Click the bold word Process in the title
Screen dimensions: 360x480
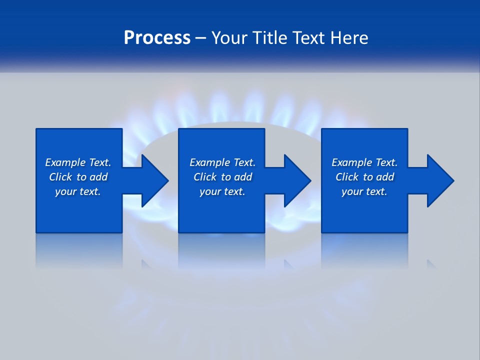tap(157, 38)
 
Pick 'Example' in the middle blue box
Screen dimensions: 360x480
tap(209, 162)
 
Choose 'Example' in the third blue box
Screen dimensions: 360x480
tap(351, 162)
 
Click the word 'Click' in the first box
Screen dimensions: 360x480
tap(60, 177)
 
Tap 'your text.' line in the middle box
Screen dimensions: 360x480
tap(222, 191)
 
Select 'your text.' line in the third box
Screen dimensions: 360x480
tap(364, 191)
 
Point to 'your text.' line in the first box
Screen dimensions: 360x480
tap(77, 191)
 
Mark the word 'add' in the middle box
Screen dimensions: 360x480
tap(243, 177)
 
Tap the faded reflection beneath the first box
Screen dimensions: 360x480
tap(79, 250)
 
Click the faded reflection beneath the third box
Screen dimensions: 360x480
tap(364, 250)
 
